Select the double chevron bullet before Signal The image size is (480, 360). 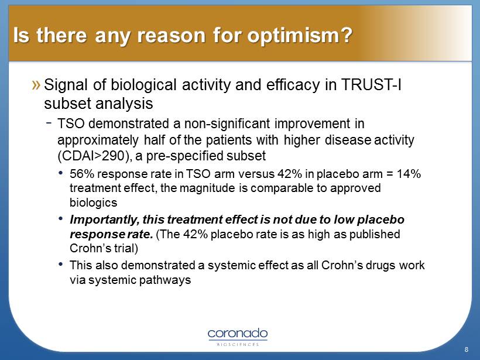(x=36, y=85)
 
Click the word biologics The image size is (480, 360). (x=94, y=203)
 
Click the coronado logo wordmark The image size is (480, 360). (x=237, y=333)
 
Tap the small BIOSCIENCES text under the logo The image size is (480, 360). (x=237, y=344)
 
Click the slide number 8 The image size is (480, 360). (x=466, y=349)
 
